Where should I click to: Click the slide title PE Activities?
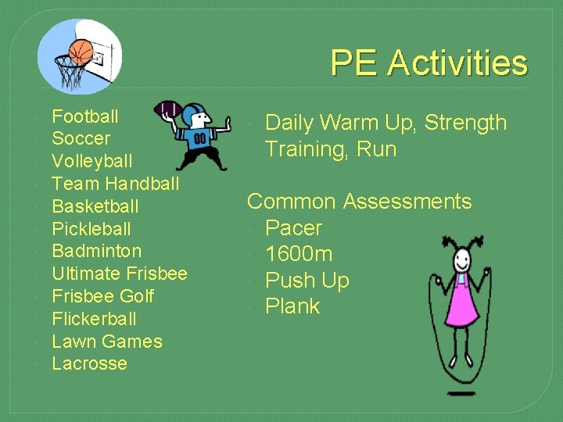pyautogui.click(x=429, y=63)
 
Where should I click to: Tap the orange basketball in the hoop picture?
pyautogui.click(x=81, y=52)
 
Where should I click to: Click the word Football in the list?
pyautogui.click(x=85, y=117)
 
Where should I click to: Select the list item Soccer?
pyautogui.click(x=81, y=139)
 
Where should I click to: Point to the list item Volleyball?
pyautogui.click(x=91, y=162)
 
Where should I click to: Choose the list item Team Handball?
pyautogui.click(x=115, y=184)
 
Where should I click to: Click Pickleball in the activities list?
pyautogui.click(x=91, y=230)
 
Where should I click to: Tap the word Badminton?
pyautogui.click(x=96, y=252)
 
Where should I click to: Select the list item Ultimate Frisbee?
pyautogui.click(x=119, y=274)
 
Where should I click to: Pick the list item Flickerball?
pyautogui.click(x=94, y=319)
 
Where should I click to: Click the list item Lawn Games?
pyautogui.click(x=106, y=342)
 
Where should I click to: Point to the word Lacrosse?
pyautogui.click(x=89, y=364)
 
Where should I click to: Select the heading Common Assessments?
pyautogui.click(x=359, y=202)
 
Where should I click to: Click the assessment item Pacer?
pyautogui.click(x=293, y=228)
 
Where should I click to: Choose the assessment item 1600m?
pyautogui.click(x=299, y=254)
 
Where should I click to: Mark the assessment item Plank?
pyautogui.click(x=292, y=306)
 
